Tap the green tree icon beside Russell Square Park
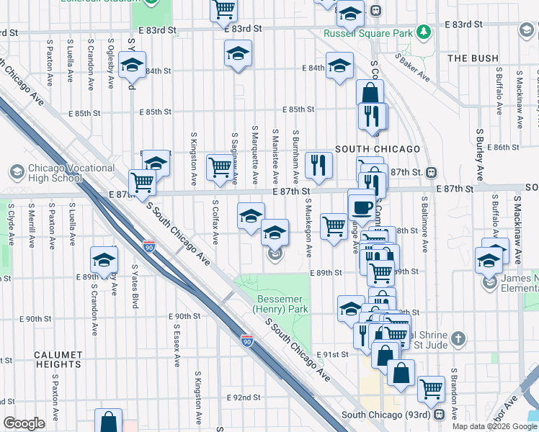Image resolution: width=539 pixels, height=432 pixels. point(425,32)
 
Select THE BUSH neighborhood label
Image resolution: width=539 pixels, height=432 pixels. point(473,58)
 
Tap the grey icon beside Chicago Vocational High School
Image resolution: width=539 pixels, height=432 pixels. point(16,172)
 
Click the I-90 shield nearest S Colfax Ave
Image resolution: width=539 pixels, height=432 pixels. point(149,246)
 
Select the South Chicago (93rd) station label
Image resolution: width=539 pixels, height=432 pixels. point(383,415)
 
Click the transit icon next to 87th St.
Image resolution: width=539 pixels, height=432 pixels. point(431,172)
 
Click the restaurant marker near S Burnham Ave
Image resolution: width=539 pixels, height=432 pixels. point(318,165)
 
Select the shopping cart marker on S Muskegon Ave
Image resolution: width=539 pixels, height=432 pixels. point(333,226)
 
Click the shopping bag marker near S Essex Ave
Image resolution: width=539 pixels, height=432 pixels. point(108,420)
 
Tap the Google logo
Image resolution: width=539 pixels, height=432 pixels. point(24,423)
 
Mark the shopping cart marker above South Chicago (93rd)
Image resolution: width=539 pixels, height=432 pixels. point(431,388)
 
